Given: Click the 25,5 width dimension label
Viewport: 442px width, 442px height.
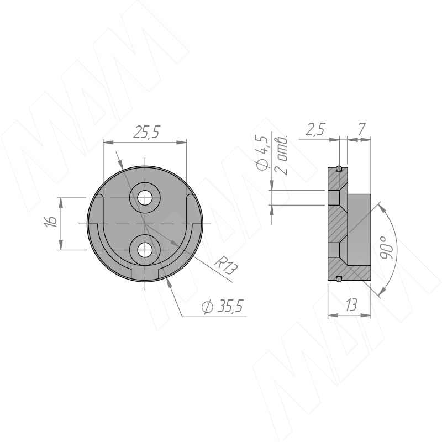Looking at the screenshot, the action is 146,132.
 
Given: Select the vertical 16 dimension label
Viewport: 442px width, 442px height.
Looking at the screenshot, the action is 51,222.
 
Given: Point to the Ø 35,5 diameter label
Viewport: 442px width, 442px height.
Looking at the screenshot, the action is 223,306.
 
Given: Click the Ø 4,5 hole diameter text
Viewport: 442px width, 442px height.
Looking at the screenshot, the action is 262,154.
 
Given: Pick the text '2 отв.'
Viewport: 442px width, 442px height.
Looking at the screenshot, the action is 281,156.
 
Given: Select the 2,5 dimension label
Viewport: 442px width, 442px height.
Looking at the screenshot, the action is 315,129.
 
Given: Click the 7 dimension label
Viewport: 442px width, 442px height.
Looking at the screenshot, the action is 361,129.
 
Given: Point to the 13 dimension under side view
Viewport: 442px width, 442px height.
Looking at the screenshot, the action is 351,305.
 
